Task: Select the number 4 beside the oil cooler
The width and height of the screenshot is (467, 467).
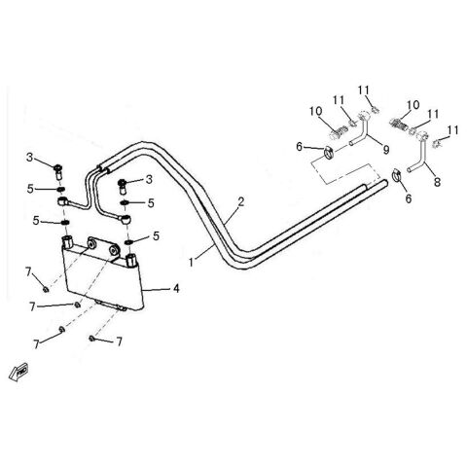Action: tap(177, 287)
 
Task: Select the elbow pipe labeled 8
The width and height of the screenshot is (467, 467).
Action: tap(421, 156)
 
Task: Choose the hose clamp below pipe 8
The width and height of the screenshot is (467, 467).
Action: tap(398, 177)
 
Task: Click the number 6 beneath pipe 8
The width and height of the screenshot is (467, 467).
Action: tap(408, 198)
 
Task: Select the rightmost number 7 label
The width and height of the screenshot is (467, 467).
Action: tap(120, 341)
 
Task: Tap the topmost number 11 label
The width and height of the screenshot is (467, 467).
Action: tap(365, 90)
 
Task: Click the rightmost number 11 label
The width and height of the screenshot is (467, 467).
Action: tap(452, 129)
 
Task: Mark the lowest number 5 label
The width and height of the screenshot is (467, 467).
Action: tap(157, 237)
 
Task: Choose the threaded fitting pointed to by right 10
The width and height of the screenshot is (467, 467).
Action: tap(402, 126)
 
